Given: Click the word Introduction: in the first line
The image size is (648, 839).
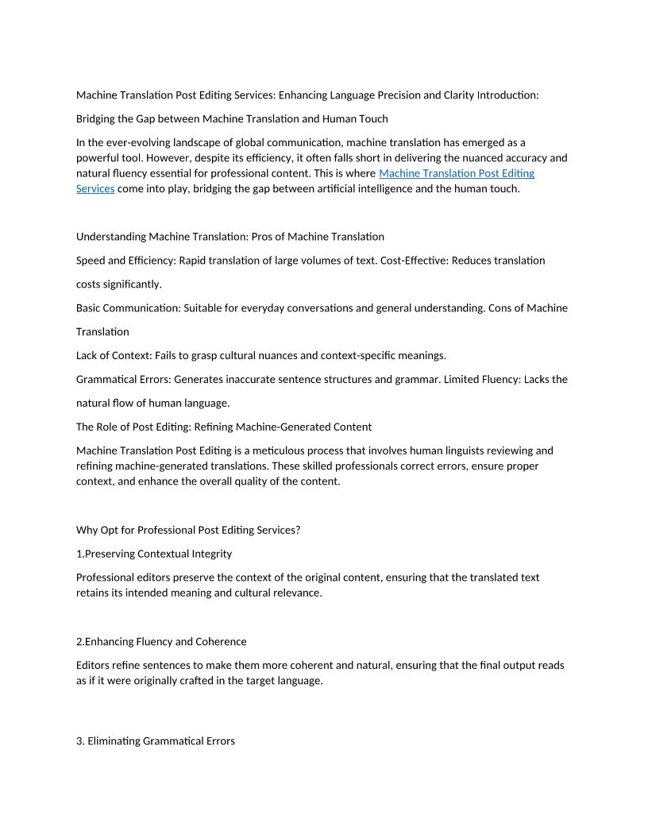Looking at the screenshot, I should (507, 95).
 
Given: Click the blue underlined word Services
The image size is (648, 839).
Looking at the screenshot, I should (95, 189).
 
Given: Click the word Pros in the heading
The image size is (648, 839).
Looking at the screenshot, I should (268, 237).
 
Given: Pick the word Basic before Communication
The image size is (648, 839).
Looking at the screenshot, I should (91, 308).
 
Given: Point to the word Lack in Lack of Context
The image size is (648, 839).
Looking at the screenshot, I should (89, 356).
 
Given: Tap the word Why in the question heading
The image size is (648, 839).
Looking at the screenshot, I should (87, 531).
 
